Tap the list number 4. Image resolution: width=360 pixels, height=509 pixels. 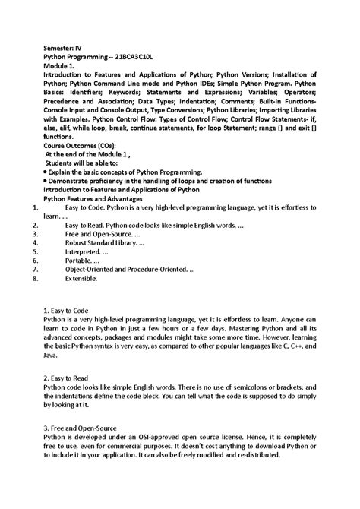(x=27, y=244)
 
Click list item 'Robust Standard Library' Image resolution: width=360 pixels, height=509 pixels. (x=104, y=244)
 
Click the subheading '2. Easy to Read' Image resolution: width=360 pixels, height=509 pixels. (x=67, y=378)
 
